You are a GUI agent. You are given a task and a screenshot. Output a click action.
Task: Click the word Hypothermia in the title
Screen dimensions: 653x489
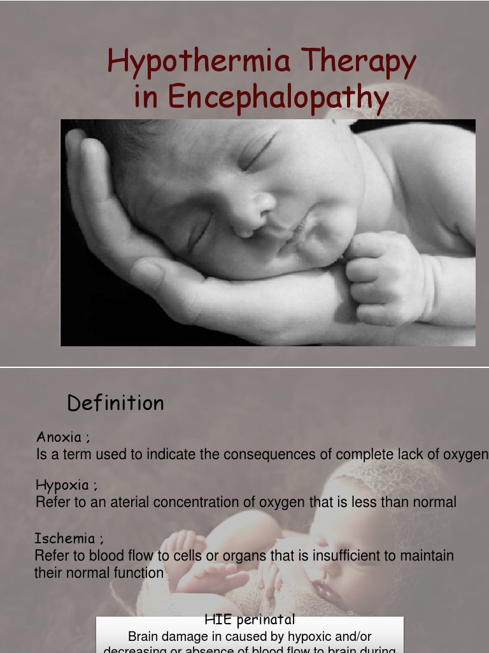199,62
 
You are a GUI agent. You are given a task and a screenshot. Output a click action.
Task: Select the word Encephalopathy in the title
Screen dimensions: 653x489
278,98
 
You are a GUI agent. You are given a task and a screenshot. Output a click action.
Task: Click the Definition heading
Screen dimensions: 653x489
115,403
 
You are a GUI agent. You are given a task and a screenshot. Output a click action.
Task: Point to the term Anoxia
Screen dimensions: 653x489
59,437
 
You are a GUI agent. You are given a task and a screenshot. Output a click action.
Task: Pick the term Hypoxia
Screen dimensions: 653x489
62,485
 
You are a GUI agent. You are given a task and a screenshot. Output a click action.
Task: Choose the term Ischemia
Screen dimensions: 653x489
65,538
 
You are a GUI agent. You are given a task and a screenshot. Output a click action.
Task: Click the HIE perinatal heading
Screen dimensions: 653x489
250,619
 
